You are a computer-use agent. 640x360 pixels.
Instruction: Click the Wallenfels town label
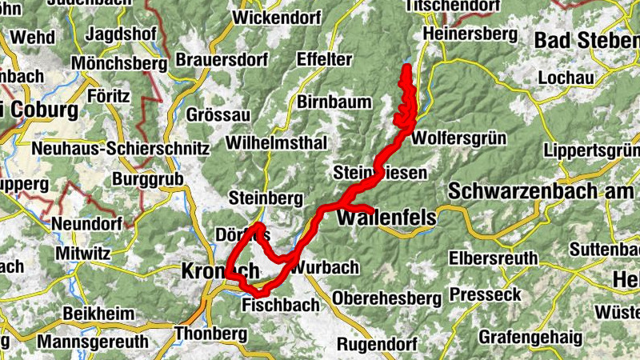point(387,218)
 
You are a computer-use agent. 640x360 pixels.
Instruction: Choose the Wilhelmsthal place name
point(277,143)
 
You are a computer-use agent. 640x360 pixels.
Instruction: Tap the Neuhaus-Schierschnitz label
point(120,149)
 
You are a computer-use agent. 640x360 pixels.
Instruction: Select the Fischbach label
point(280,305)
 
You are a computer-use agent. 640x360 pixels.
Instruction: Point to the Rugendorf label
point(378,344)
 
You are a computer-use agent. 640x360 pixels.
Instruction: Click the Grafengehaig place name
point(530,337)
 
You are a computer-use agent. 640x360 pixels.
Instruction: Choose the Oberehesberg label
point(387,298)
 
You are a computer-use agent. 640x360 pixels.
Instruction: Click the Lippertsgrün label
point(590,150)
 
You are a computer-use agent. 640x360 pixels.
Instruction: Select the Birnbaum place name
point(334,102)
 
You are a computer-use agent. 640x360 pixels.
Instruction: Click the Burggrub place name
point(148,178)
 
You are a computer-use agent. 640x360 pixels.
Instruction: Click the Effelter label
point(324,59)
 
